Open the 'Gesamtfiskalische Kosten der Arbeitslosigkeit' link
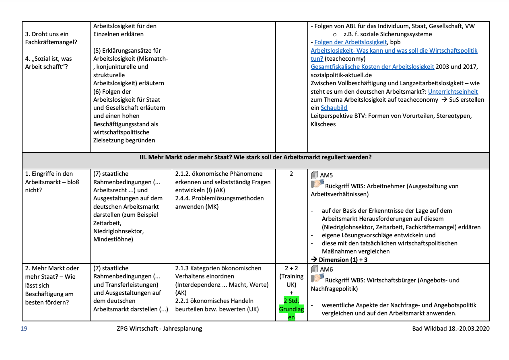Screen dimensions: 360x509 (x=372, y=67)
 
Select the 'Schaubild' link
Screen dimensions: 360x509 (x=334, y=108)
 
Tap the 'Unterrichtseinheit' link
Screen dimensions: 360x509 (x=453, y=91)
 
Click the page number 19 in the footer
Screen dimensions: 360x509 (x=24, y=329)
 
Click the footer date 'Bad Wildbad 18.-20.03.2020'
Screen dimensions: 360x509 (x=451, y=329)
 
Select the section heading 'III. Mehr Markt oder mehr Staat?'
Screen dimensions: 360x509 (x=256, y=158)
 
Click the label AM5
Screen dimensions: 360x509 (x=326, y=175)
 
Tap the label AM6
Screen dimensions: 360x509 (x=326, y=269)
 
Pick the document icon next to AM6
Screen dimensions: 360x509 (x=315, y=269)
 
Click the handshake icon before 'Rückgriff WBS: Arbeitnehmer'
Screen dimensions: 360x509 (x=317, y=185)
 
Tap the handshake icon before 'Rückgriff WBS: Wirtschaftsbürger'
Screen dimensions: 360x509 (x=317, y=278)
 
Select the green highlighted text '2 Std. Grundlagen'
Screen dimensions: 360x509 (x=291, y=309)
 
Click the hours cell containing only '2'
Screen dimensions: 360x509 (x=291, y=174)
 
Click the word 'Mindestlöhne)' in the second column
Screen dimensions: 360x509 (x=113, y=239)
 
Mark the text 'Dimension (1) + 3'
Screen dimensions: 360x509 (x=343, y=260)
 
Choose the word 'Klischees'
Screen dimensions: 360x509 (x=323, y=124)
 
